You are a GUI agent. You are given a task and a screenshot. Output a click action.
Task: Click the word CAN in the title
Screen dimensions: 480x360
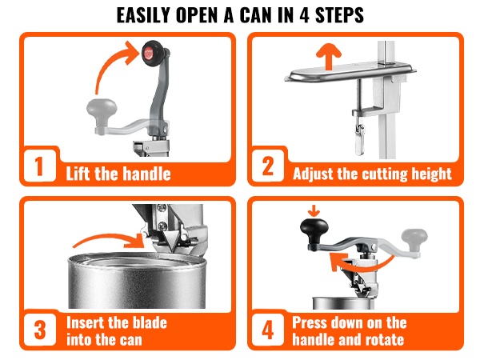pos(256,15)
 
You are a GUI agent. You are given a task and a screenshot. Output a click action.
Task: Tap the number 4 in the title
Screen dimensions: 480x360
pos(304,15)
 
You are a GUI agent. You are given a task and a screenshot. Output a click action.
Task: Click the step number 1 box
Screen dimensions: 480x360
pos(39,166)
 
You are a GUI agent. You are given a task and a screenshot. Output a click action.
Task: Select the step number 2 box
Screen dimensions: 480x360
pos(268,166)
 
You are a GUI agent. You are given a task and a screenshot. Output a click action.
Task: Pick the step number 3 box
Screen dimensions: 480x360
pos(40,330)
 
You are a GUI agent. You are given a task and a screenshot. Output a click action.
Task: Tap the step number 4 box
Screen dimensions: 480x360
pos(268,330)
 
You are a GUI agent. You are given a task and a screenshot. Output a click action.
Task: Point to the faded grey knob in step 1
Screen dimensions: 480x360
pos(102,111)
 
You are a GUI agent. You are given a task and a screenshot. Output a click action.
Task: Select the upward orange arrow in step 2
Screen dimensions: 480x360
pos(329,56)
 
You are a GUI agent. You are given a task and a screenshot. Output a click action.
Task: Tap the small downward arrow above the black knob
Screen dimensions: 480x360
pos(314,211)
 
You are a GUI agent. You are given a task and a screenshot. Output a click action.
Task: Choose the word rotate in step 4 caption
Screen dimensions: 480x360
pos(386,339)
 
